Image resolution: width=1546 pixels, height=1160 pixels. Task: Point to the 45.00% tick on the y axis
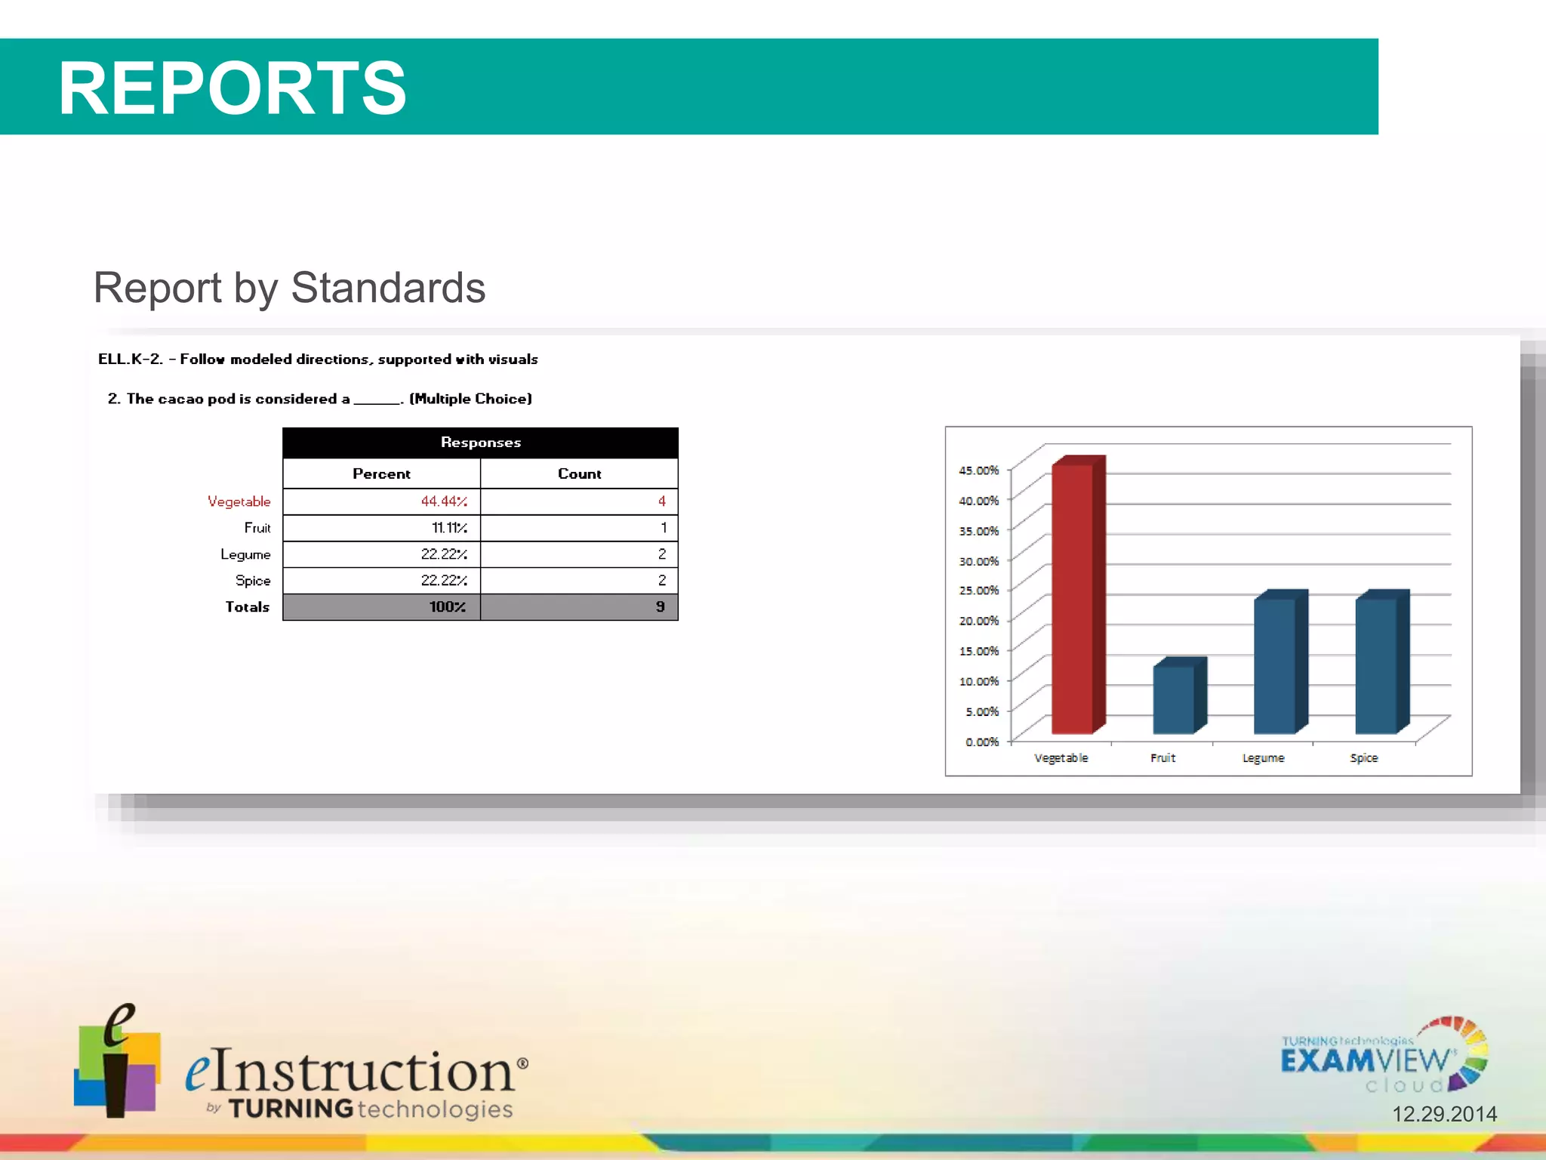tap(978, 470)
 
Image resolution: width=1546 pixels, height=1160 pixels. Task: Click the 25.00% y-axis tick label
tap(978, 591)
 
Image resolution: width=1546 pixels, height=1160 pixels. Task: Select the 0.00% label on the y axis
tap(981, 742)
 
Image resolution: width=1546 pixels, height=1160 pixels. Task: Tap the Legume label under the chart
tap(1263, 757)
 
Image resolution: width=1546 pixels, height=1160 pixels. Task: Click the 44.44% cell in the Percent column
tap(444, 501)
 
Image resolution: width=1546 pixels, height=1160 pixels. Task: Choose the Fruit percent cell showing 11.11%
tap(449, 528)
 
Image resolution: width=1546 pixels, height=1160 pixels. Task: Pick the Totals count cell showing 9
tap(660, 607)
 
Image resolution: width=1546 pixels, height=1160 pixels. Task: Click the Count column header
tap(579, 474)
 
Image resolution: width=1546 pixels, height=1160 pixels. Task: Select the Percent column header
tap(381, 474)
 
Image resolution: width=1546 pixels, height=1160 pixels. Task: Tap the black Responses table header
tap(480, 443)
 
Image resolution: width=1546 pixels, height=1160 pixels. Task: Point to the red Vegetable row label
tap(239, 501)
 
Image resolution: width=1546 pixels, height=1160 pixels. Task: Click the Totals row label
tap(247, 607)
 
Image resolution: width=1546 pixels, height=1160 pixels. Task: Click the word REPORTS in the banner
tap(233, 88)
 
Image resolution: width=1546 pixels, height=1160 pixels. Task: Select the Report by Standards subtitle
tap(289, 288)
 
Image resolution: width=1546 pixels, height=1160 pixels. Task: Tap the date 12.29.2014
tap(1444, 1114)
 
